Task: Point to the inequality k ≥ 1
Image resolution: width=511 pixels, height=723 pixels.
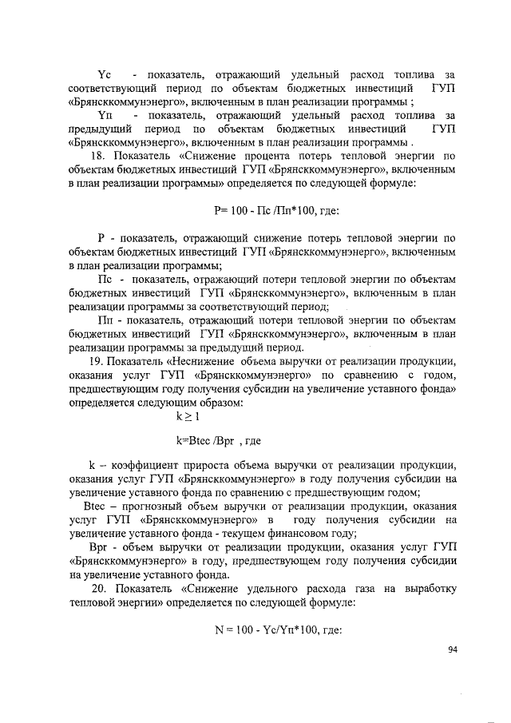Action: (188, 416)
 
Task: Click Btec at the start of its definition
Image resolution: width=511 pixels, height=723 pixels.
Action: (96, 506)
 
